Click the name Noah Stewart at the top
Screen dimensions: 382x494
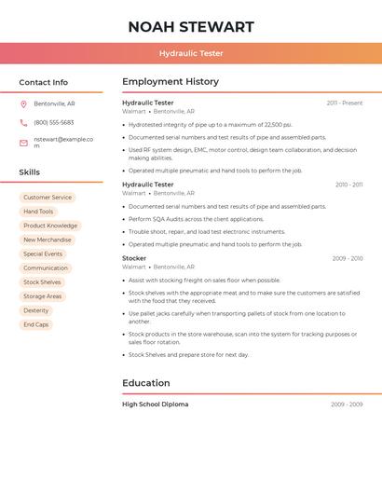190,26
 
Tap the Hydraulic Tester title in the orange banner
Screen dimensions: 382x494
190,53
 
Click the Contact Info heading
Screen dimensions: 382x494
44,82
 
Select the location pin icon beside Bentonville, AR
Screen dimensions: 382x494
23,103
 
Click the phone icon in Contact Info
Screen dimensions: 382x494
23,122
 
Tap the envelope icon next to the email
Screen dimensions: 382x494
23,143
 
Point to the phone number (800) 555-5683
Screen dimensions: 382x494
53,122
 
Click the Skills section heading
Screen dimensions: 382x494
30,172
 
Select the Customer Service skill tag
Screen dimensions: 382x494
48,198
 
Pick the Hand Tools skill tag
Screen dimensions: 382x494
38,212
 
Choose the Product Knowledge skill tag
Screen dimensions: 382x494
50,226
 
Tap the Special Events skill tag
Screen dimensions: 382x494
43,254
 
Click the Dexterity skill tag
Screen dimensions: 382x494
36,310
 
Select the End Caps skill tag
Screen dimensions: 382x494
36,324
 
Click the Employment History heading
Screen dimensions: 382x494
171,82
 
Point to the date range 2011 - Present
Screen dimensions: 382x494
344,103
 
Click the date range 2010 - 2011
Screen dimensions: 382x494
348,185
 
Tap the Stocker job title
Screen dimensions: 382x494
134,258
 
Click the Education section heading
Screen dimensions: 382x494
146,383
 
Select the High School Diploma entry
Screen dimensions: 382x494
155,405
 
